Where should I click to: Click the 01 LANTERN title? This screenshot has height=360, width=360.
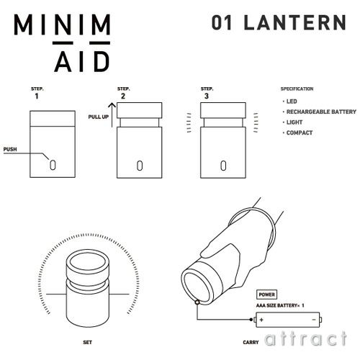279,22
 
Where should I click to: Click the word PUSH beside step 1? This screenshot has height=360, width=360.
11,150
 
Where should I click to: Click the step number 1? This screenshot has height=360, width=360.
37,94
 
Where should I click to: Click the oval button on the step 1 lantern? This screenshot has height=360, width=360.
53,163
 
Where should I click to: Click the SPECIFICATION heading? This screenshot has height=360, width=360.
297,89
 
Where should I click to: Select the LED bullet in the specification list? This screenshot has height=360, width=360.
290,102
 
